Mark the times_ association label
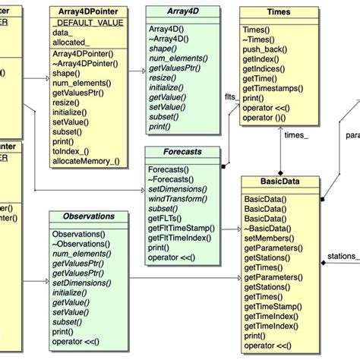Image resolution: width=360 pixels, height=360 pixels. [295, 135]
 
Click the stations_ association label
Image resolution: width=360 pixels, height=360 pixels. [341, 257]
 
